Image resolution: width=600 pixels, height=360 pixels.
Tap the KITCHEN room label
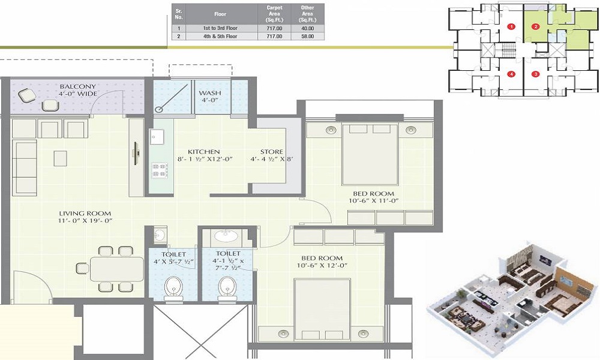pyautogui.click(x=203, y=152)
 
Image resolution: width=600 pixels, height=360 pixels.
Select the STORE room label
pyautogui.click(x=271, y=152)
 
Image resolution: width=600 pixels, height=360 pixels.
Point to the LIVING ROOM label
pyautogui.click(x=85, y=213)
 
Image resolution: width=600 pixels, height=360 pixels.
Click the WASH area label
pyautogui.click(x=210, y=94)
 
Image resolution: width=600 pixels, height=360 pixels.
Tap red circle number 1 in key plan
pyautogui.click(x=511, y=26)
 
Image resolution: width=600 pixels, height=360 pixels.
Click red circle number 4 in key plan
pyautogui.click(x=511, y=74)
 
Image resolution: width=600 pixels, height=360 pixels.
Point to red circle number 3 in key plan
pyautogui.click(x=536, y=74)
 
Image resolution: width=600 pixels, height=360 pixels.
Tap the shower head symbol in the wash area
pyautogui.click(x=159, y=109)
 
